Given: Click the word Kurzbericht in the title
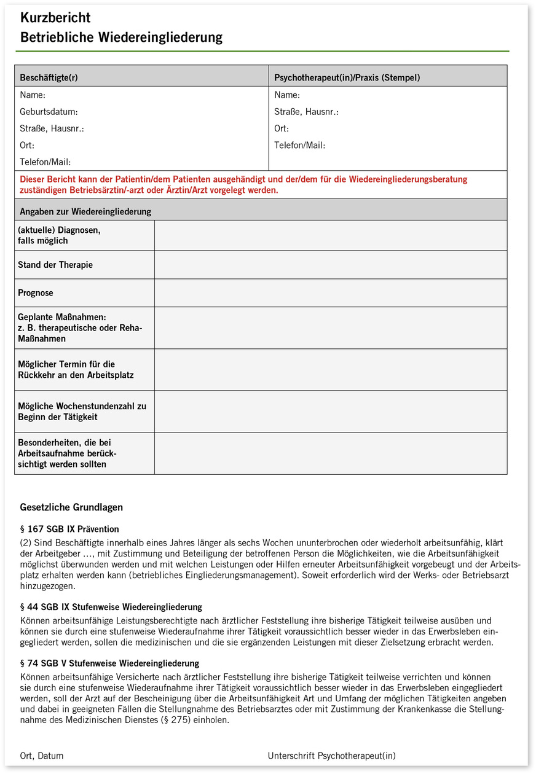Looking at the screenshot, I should point(55,18).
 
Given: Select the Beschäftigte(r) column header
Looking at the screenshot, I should point(49,78).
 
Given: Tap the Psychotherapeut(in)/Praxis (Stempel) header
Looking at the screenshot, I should point(347,78).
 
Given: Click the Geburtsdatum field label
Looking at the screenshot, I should point(49,112).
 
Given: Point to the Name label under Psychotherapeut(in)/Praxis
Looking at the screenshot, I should point(287,95).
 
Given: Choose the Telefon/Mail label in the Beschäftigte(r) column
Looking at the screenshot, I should point(45,162).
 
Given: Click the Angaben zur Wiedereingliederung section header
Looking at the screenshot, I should point(85,212).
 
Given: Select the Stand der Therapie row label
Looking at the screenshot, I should point(55,265).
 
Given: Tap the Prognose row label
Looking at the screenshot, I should point(36,293).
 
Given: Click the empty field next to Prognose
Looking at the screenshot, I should point(331,293).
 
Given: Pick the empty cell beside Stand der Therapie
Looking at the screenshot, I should point(331,265).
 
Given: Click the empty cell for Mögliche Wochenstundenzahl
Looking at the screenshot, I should point(331,412).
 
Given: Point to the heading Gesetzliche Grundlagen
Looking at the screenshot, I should point(71,507).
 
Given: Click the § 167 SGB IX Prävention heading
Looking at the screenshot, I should point(69,529).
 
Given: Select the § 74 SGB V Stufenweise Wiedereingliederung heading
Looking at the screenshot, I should point(109,663).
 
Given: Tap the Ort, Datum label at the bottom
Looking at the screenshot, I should point(42,756).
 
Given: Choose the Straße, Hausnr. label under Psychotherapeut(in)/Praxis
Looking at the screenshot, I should point(306,112).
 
